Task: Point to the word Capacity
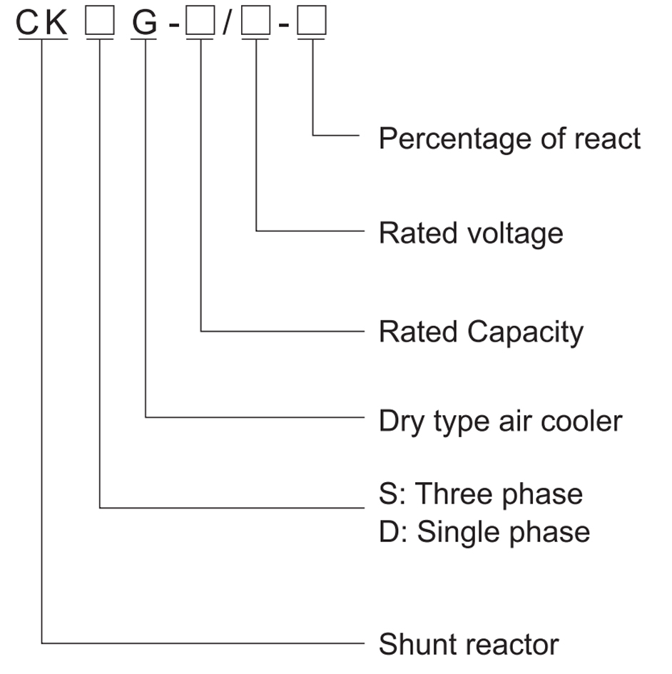tap(526, 332)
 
